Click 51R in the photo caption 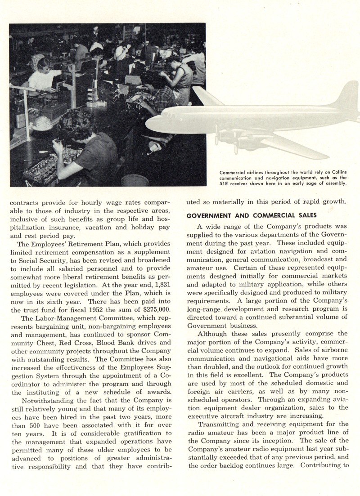[x=225, y=183]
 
